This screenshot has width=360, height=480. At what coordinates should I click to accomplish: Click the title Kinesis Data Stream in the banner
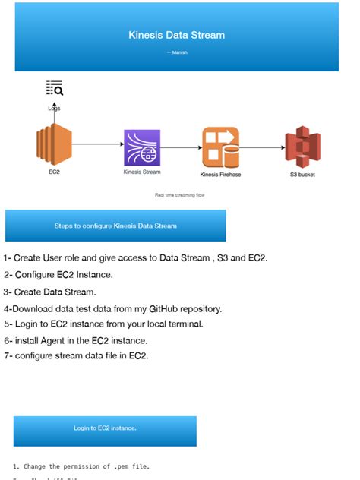[x=176, y=35]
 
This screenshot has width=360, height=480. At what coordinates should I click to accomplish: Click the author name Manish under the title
[x=177, y=52]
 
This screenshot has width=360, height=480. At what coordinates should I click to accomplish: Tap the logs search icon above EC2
[x=54, y=87]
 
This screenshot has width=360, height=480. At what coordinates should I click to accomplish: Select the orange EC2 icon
[x=53, y=146]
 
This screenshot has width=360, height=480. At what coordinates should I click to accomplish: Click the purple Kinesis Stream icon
[x=142, y=147]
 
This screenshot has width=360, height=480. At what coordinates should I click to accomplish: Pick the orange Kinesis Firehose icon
[x=220, y=147]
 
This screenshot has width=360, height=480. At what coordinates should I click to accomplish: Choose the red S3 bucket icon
[x=302, y=147]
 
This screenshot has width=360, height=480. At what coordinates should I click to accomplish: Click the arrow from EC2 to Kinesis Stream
[x=97, y=144]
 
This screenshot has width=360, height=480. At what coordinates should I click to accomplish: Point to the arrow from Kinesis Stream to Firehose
[x=180, y=147]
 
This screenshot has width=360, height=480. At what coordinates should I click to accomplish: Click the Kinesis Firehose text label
[x=220, y=175]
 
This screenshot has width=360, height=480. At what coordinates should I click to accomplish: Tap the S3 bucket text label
[x=302, y=175]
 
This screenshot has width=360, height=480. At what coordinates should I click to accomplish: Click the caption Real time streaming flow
[x=179, y=195]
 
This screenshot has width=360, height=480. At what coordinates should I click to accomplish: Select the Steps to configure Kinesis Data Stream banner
[x=115, y=226]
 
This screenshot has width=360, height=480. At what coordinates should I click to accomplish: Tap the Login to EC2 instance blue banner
[x=105, y=428]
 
